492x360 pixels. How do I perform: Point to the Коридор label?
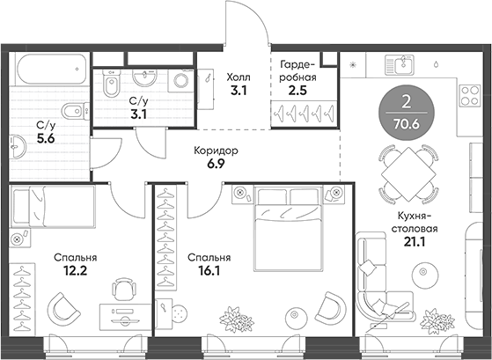click(x=216, y=157)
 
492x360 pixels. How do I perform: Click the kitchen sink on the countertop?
click(x=401, y=65)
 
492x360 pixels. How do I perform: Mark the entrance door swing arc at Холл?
click(x=251, y=22)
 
